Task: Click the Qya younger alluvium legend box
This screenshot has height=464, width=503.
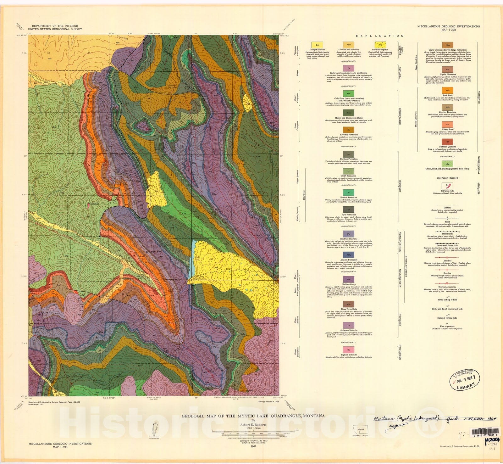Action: (317, 45)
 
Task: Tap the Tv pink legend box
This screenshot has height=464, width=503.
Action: (349, 68)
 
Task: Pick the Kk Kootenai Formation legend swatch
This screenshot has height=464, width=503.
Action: (349, 130)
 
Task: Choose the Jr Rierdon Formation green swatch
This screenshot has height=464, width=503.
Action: (349, 193)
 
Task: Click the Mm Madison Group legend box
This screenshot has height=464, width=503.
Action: (349, 279)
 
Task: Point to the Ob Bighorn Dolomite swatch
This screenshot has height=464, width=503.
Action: (349, 350)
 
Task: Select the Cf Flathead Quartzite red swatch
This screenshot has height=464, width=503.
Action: (447, 142)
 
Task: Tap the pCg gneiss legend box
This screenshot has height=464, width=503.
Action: (447, 164)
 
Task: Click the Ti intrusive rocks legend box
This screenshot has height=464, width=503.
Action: (447, 186)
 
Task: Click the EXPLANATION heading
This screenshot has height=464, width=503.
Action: (380, 36)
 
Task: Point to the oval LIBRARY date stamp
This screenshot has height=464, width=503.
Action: (466, 380)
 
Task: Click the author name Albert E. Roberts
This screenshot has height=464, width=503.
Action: (253, 424)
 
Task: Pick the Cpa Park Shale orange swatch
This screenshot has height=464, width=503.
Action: (447, 91)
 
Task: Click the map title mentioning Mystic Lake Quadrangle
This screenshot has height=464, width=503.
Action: (253, 416)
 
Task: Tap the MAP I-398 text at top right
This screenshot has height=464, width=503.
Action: (449, 30)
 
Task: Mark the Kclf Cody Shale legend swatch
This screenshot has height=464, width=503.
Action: (349, 93)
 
